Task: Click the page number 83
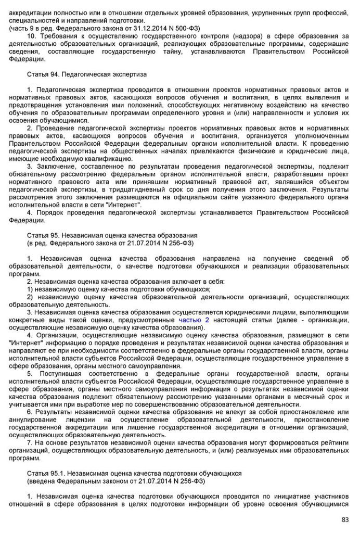(x=344, y=519)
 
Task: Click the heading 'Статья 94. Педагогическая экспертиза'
(x=87, y=75)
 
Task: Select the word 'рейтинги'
(x=333, y=442)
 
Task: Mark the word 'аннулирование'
(x=33, y=420)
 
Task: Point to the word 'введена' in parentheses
(x=41, y=481)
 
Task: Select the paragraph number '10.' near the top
(x=32, y=35)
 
